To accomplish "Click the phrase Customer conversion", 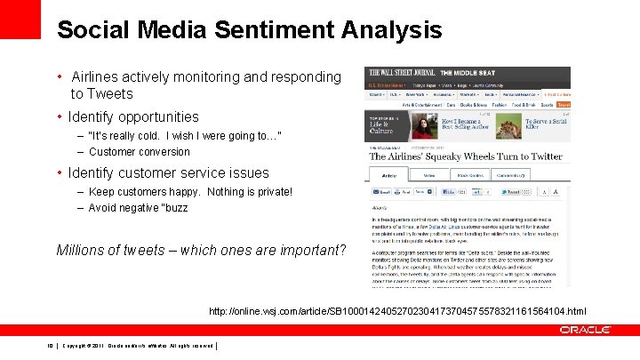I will click(x=140, y=152).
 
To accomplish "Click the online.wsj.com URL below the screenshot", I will click(x=397, y=311).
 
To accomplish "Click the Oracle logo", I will click(x=584, y=330).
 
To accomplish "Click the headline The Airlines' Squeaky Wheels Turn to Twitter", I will click(x=466, y=156).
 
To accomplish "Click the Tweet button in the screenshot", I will click(x=512, y=191).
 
